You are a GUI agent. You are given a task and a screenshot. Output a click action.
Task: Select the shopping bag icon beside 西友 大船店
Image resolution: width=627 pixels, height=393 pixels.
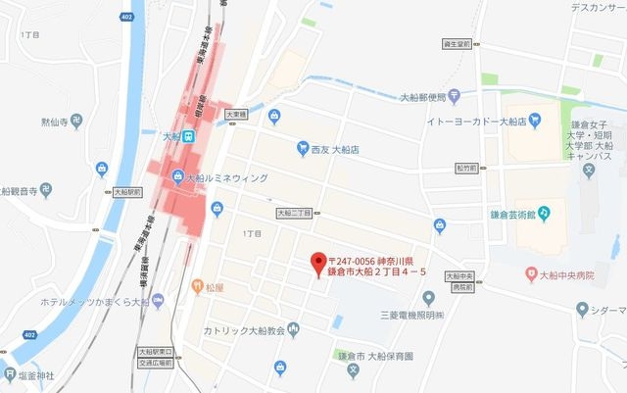pyautogui.click(x=303, y=150)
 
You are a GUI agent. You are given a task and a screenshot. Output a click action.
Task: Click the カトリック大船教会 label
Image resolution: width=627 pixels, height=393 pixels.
pyautogui.click(x=238, y=330)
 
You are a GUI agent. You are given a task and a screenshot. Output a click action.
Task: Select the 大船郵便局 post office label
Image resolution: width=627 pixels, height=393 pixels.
pyautogui.click(x=423, y=97)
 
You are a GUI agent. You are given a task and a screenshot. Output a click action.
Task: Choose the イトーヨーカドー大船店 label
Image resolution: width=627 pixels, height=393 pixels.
pyautogui.click(x=477, y=122)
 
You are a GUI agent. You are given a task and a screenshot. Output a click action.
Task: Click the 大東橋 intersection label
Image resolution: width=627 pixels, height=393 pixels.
pyautogui.click(x=236, y=114)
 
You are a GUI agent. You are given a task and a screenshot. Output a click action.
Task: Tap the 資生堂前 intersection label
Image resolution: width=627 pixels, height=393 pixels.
pyautogui.click(x=457, y=43)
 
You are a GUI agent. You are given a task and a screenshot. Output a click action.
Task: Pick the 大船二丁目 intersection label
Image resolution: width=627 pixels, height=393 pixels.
pyautogui.click(x=293, y=212)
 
